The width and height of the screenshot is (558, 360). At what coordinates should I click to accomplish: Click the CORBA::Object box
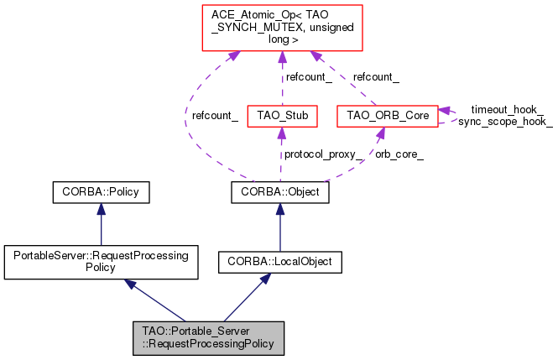tap(280, 192)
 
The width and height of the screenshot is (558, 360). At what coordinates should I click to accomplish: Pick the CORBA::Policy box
tap(100, 192)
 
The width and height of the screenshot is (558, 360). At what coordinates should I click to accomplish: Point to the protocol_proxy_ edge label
tap(323, 154)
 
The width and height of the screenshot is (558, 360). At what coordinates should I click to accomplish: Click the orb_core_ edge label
tap(399, 154)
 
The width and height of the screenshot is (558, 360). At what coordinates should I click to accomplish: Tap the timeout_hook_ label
tap(506, 109)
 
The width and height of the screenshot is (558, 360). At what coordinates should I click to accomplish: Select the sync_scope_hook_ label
tap(505, 122)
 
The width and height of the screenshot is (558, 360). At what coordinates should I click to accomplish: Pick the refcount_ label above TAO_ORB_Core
tap(376, 77)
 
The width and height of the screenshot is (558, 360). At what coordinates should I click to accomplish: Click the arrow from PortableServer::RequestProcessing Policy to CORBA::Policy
tap(100, 225)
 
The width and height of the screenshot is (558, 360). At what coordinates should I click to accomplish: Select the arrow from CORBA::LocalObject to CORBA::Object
tap(280, 227)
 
